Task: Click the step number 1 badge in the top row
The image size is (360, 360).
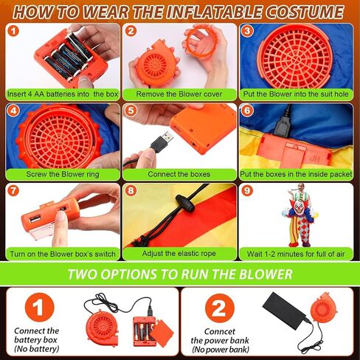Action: [13, 31]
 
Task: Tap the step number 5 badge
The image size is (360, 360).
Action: [131, 111]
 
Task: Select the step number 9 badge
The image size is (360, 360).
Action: [247, 190]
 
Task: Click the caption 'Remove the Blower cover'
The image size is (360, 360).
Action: [179, 94]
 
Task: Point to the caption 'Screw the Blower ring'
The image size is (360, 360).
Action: [63, 174]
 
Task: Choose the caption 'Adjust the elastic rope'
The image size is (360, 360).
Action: [179, 254]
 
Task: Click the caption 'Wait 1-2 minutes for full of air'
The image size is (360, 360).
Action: [296, 254]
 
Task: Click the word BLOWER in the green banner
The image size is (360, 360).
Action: [266, 274]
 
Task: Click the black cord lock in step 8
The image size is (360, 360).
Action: [185, 204]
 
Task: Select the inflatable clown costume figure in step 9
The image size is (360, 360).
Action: [300, 215]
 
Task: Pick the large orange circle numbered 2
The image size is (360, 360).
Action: [220, 308]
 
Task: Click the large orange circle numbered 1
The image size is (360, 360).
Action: [39, 308]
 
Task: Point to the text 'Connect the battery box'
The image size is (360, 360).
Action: [36, 336]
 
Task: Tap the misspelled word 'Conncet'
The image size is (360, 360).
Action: [220, 331]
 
